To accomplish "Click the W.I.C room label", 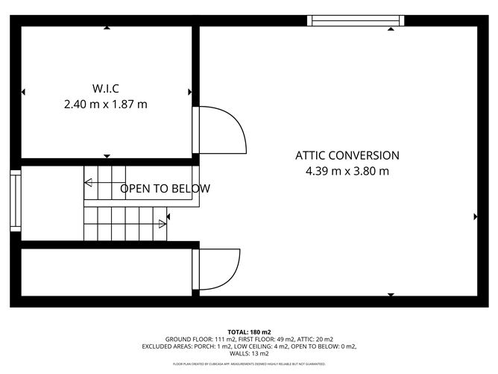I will [x=106, y=88].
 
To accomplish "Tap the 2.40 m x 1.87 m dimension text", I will [x=106, y=105].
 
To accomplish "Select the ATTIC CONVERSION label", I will [x=347, y=155].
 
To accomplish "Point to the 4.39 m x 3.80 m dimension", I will [x=347, y=171].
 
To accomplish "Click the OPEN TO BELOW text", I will [x=165, y=188].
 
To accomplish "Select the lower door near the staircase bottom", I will [x=218, y=269].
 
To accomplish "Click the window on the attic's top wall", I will [x=356, y=21].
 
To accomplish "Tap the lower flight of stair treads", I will [x=123, y=222].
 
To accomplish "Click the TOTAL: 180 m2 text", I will [x=249, y=331].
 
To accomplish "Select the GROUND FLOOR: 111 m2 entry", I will [x=196, y=339].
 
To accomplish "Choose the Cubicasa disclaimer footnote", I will [x=249, y=364].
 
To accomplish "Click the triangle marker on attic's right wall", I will [x=476, y=216].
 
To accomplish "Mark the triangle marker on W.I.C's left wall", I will [x=24, y=92].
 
